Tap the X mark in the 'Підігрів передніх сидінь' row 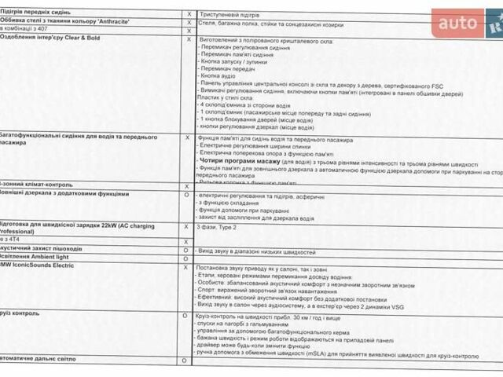(x=189, y=14)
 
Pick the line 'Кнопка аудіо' (x=219, y=76)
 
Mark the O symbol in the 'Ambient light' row (x=186, y=258)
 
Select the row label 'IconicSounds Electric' (x=44, y=267)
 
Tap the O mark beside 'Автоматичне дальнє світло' (x=185, y=360)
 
